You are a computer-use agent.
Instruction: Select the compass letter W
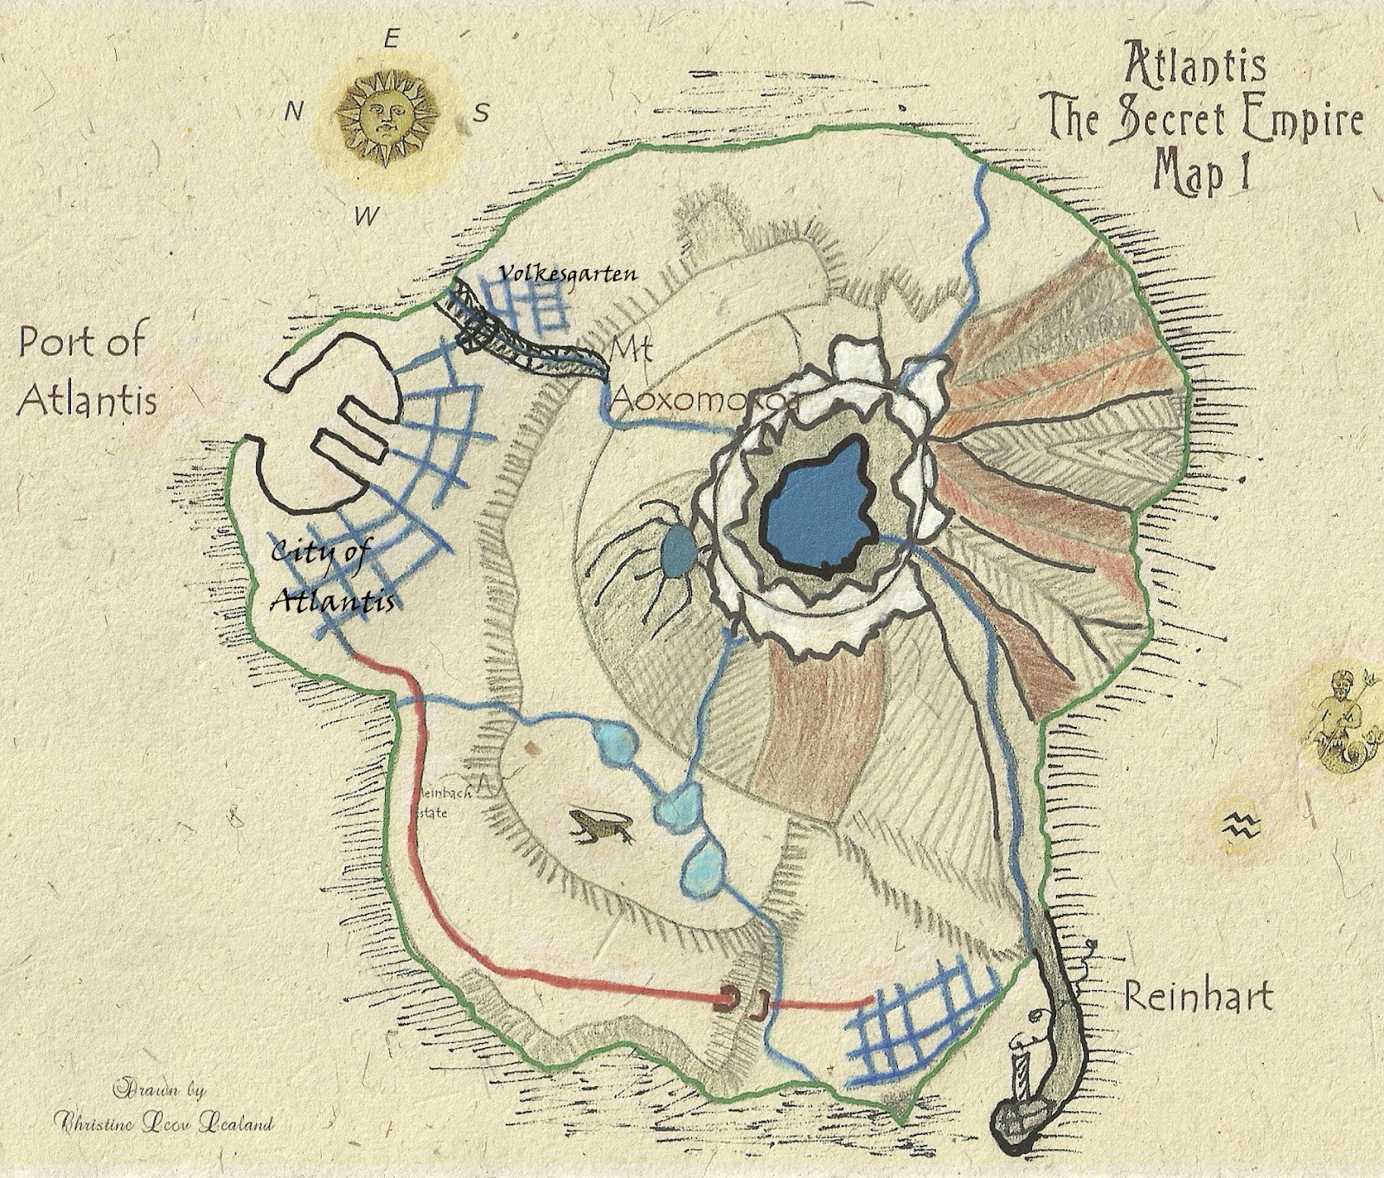point(367,216)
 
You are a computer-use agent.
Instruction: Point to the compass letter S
point(481,113)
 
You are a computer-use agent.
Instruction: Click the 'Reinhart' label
point(1198,997)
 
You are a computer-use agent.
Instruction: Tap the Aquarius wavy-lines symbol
point(1244,822)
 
